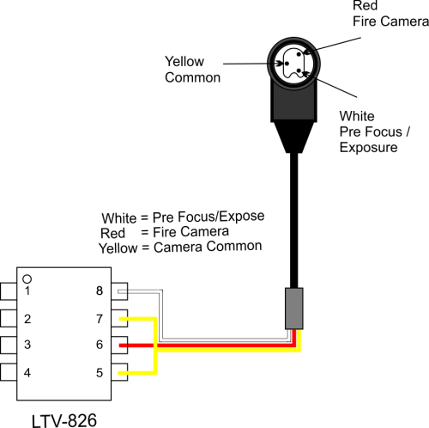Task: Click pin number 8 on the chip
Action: click(x=100, y=290)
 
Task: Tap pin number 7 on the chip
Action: click(x=100, y=319)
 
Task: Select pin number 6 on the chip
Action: click(x=100, y=345)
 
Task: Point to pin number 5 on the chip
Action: click(x=100, y=373)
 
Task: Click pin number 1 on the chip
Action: click(x=27, y=290)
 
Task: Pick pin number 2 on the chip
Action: click(x=27, y=319)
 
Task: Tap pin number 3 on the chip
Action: click(x=27, y=345)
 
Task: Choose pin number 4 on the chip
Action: click(x=27, y=373)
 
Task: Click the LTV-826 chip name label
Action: click(x=64, y=420)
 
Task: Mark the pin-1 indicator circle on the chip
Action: click(x=27, y=278)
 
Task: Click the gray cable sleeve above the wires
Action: click(x=293, y=309)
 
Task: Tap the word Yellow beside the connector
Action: click(x=184, y=62)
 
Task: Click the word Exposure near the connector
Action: click(x=368, y=148)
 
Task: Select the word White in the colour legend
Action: click(x=119, y=218)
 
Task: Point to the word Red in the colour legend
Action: click(x=112, y=233)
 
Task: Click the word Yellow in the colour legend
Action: click(x=118, y=248)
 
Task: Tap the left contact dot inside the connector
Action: click(x=287, y=64)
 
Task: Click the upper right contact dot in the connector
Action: click(x=299, y=54)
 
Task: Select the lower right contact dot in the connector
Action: click(x=299, y=70)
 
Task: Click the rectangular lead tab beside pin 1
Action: click(x=9, y=291)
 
